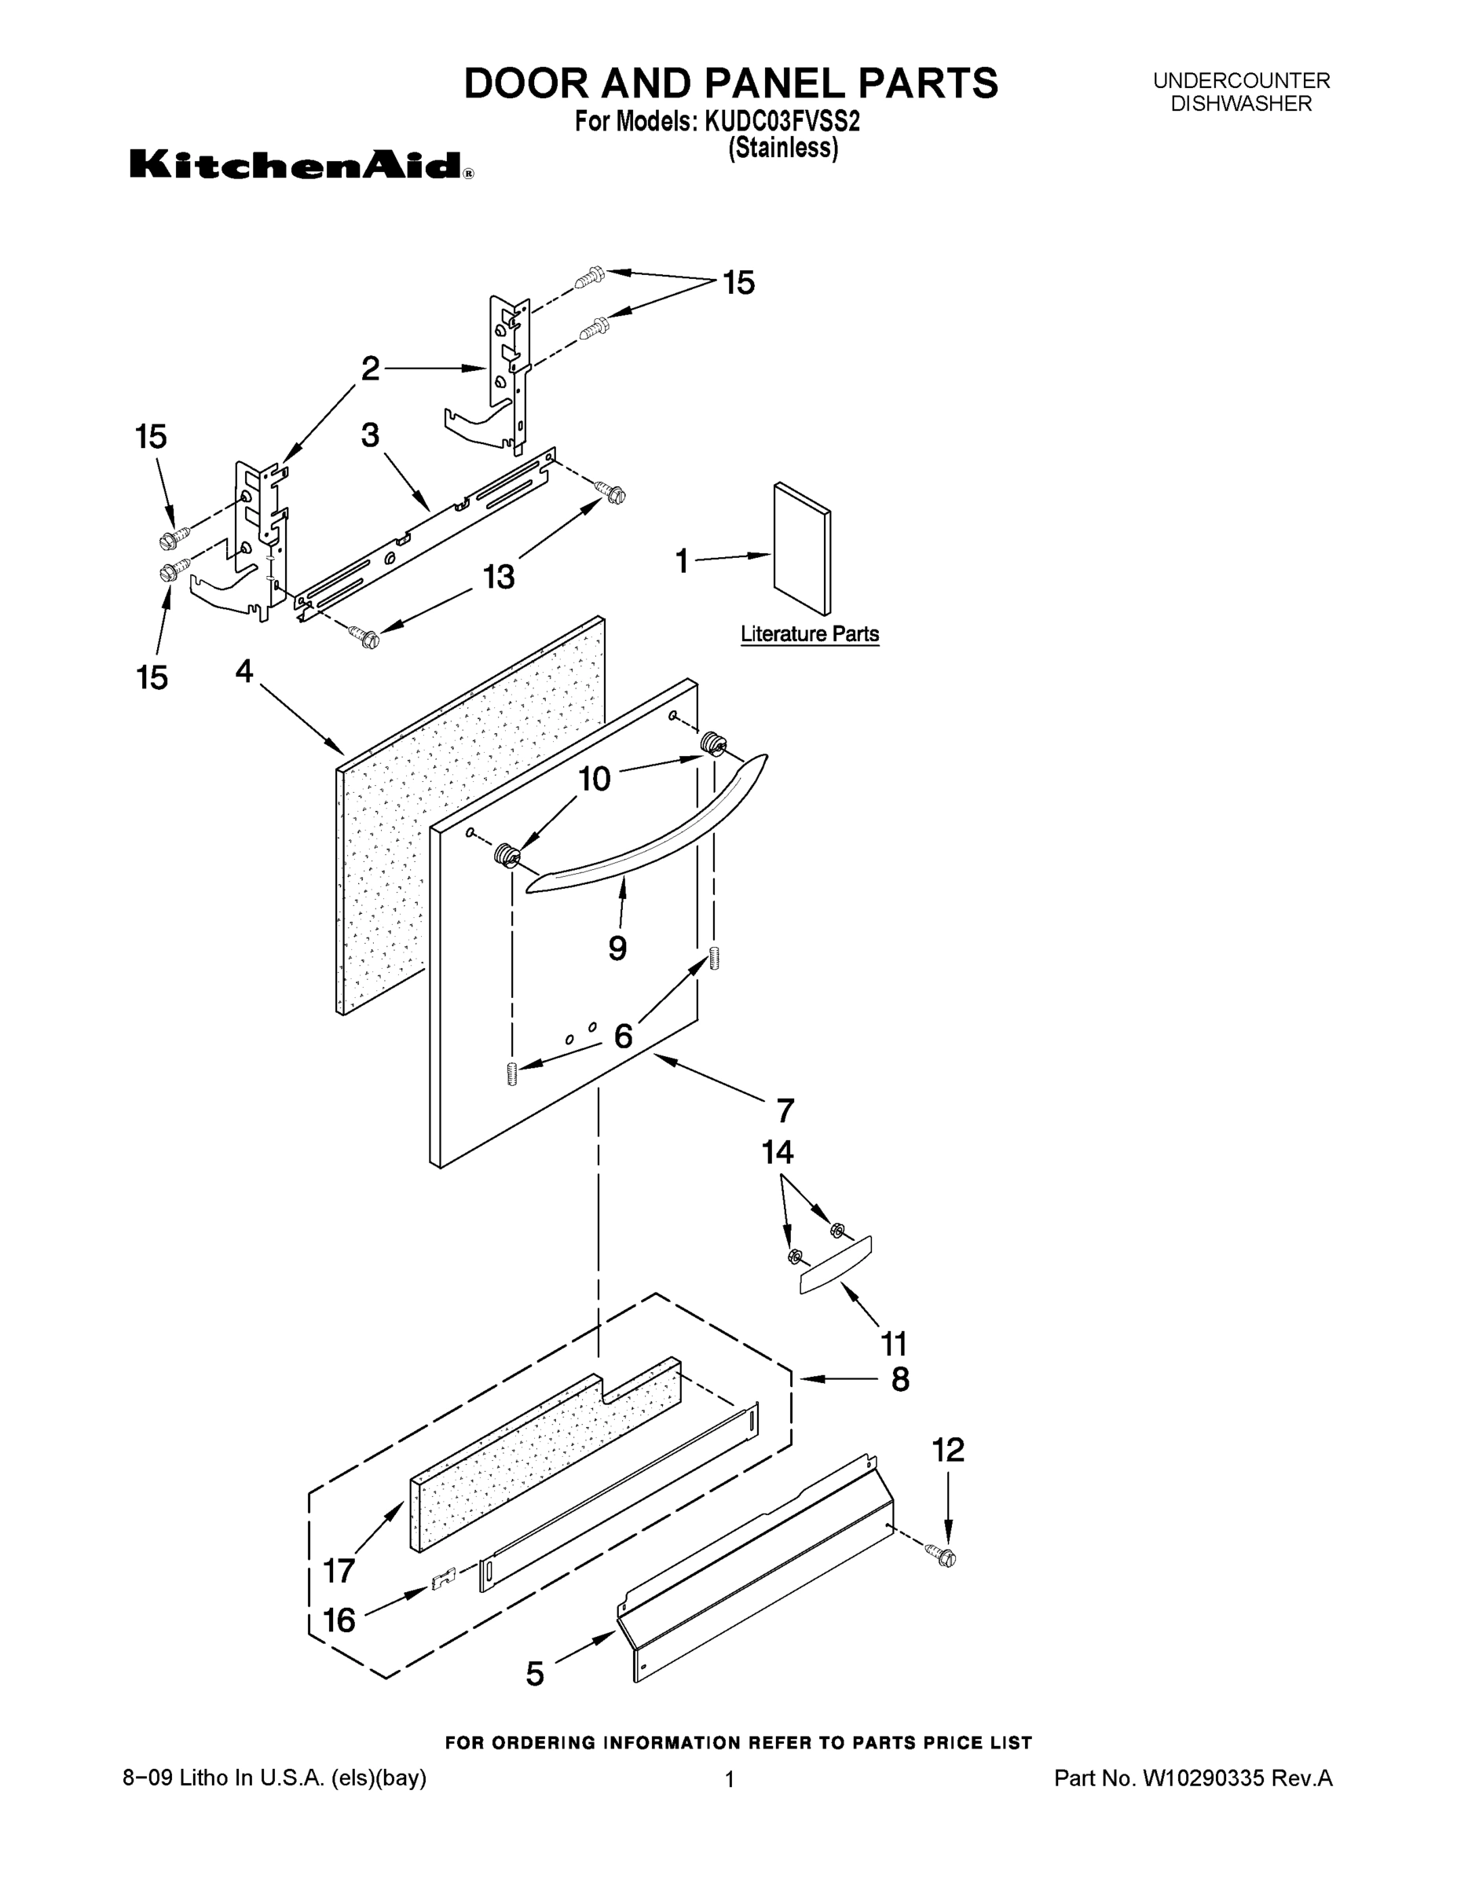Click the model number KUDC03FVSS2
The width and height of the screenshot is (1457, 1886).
tap(782, 122)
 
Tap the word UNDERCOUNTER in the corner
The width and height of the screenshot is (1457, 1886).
tap(1241, 81)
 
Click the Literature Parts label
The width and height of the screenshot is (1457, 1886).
tap(810, 634)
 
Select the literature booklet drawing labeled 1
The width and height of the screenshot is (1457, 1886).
tap(802, 549)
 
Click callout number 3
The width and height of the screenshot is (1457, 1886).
tap(370, 435)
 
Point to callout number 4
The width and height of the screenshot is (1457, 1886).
tap(245, 671)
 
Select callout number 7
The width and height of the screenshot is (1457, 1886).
tap(784, 1110)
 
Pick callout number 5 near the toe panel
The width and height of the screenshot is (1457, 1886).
tap(535, 1675)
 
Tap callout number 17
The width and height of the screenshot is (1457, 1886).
tap(339, 1571)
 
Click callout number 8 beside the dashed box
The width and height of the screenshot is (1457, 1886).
tap(900, 1379)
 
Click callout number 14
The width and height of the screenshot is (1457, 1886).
tap(777, 1153)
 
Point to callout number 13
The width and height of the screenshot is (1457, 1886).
tap(499, 577)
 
